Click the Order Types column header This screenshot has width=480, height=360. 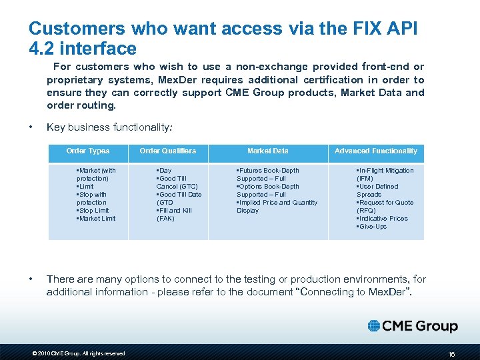88,151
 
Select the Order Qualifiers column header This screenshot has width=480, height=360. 168,151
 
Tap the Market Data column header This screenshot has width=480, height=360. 268,151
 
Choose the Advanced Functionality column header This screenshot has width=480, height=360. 376,151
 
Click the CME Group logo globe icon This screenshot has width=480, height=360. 375,326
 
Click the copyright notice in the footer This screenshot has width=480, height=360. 79,353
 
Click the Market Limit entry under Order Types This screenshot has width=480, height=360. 97,219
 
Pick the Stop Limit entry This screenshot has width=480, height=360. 94,211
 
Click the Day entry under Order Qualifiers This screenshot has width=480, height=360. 164,171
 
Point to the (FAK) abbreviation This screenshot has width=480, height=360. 165,219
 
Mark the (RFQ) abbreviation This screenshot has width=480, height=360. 366,211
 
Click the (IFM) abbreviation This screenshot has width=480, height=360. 365,179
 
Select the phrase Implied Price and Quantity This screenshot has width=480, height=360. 279,203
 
